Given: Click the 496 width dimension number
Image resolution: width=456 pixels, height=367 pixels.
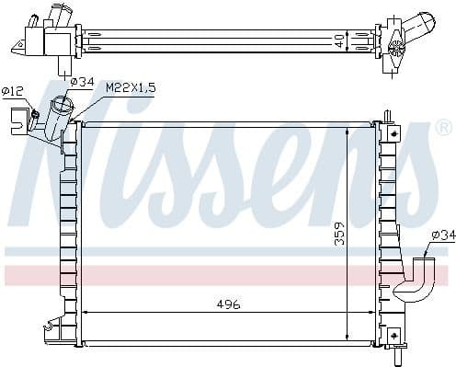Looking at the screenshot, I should (x=227, y=304).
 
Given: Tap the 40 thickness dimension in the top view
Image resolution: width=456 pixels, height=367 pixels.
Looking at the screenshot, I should (x=339, y=40).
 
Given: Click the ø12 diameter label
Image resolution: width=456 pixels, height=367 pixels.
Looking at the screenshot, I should (x=13, y=90).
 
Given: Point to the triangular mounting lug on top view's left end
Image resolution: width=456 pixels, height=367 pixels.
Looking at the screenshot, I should (x=18, y=43).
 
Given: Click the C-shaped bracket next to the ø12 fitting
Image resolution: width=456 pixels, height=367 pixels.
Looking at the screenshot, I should (x=17, y=118).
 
